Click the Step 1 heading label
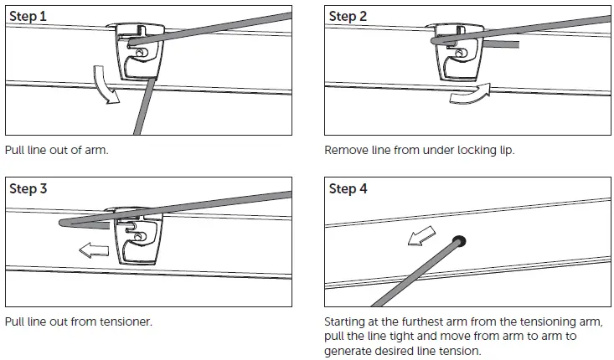pyautogui.click(x=28, y=16)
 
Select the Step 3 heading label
pyautogui.click(x=28, y=189)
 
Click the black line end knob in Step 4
pyautogui.click(x=460, y=243)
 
